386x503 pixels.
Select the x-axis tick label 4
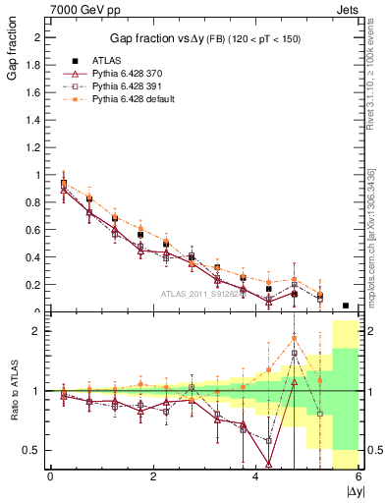[255, 476]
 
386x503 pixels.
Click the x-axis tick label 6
[358, 476]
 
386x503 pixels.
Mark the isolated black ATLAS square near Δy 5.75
[345, 306]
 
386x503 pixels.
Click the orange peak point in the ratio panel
[294, 338]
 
